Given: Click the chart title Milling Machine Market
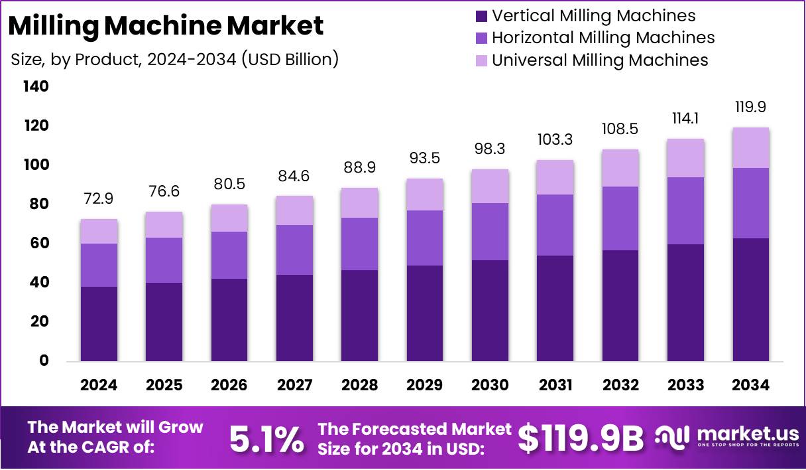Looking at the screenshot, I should [166, 25].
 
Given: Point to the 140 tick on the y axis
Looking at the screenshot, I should [36, 86].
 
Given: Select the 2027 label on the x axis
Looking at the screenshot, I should [294, 386].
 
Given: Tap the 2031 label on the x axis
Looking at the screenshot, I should [555, 386].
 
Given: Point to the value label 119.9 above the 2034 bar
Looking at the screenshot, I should [751, 108].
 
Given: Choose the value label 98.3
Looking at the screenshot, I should [490, 149].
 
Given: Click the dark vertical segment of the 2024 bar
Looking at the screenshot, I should [99, 324].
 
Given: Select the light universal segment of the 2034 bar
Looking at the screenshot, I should [751, 147].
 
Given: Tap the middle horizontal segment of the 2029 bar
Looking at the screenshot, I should [425, 238].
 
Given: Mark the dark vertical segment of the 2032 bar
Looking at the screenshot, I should [620, 305].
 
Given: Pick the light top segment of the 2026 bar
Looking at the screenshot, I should [229, 218].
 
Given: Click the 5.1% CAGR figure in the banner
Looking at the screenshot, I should [266, 439].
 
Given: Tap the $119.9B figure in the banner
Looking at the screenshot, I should [581, 439].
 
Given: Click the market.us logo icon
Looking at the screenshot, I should [673, 437].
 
